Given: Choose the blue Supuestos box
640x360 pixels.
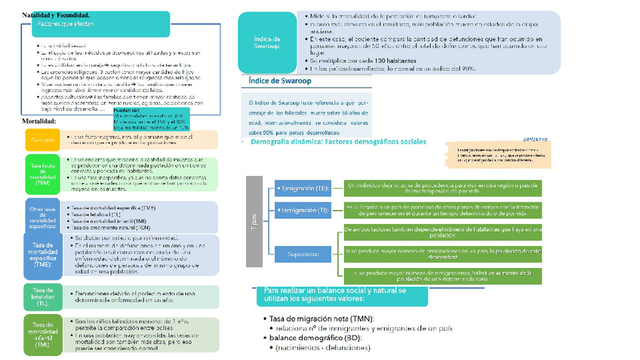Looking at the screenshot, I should [303, 254].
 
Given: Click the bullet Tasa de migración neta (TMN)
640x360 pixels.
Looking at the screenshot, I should [322, 318].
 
